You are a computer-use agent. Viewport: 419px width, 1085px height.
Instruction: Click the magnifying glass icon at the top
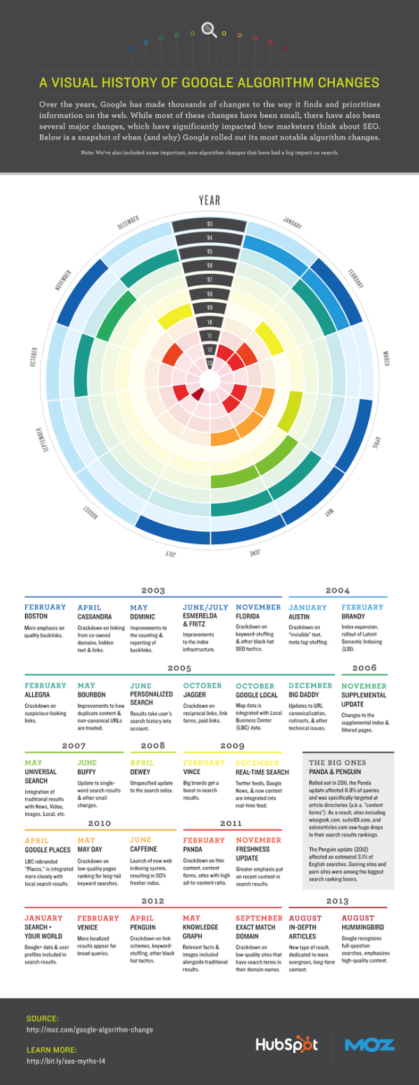click(x=208, y=29)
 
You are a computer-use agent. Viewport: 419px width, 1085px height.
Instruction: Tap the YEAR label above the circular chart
click(x=209, y=201)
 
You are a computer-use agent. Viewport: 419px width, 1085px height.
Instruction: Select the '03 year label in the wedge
click(x=209, y=224)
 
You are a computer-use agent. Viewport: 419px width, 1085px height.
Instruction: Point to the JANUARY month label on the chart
click(x=292, y=223)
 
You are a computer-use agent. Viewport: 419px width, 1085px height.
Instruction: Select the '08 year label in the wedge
click(x=209, y=294)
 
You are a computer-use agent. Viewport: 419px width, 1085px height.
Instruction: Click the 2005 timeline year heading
click(x=179, y=669)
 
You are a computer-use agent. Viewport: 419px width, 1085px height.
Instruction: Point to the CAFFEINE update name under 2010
click(x=145, y=849)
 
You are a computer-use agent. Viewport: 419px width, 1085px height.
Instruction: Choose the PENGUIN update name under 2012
click(x=145, y=927)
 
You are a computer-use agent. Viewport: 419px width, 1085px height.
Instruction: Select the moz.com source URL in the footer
click(x=89, y=1030)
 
